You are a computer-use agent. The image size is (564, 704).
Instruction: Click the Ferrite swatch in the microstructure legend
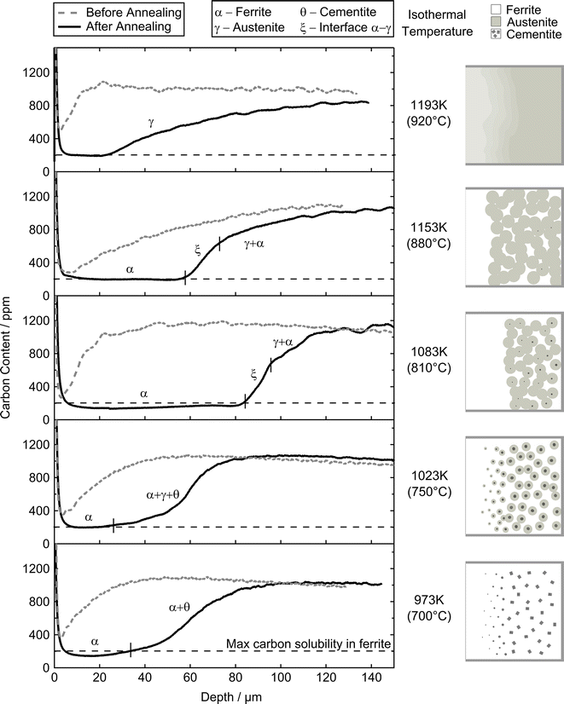click(x=496, y=9)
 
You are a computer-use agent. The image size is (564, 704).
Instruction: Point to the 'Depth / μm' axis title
click(x=224, y=695)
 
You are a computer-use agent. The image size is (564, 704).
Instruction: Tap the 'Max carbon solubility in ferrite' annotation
click(x=309, y=644)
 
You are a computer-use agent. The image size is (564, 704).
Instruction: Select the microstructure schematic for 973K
click(x=513, y=610)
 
